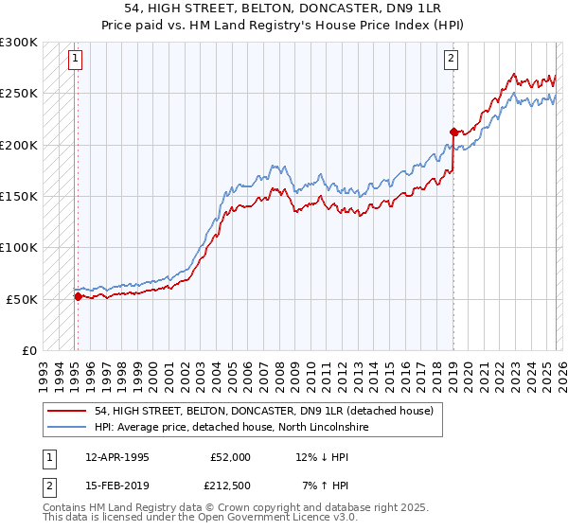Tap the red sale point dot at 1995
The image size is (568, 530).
[78, 296]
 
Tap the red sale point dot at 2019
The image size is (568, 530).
[453, 132]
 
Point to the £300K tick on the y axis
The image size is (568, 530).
[19, 43]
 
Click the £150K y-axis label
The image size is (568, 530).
[19, 196]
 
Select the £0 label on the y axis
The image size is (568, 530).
[28, 350]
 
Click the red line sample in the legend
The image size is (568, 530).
[68, 411]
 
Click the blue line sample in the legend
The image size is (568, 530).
[68, 427]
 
